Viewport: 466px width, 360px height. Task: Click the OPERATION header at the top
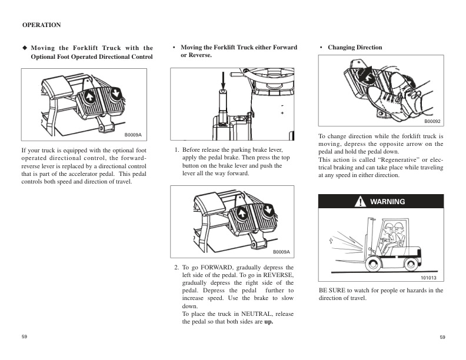(x=41, y=25)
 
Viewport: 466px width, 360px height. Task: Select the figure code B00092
(x=432, y=121)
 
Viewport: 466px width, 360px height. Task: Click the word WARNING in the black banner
(x=387, y=202)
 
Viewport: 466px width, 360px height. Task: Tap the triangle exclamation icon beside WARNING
(x=360, y=202)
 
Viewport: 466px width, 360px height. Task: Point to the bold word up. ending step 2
(x=269, y=322)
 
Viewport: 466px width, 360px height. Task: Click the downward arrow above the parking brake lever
(x=224, y=80)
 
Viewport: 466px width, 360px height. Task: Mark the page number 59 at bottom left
(x=25, y=336)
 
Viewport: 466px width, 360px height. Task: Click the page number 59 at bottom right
(x=443, y=337)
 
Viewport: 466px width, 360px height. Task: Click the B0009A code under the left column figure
(x=132, y=135)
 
